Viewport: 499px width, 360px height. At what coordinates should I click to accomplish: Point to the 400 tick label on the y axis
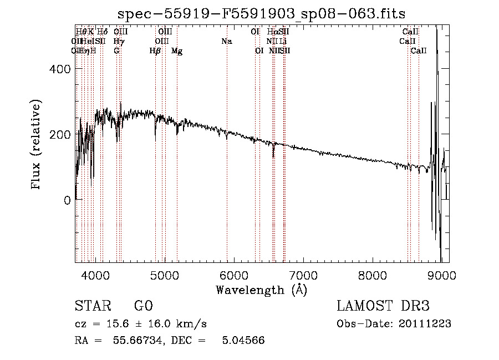point(62,69)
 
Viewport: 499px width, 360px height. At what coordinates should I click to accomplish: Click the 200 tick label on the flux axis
point(62,134)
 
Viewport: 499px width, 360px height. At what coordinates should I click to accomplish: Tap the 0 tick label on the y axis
point(68,200)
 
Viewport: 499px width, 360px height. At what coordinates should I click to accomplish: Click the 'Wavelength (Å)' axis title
point(261,289)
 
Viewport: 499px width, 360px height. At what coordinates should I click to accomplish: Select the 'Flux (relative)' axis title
point(37,145)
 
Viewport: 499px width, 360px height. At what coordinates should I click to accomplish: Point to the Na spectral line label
point(226,41)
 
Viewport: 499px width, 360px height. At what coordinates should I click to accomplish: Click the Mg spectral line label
point(177,51)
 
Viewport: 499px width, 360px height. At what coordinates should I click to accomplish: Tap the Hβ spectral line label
point(155,51)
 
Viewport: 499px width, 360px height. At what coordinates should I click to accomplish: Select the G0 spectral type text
point(143,307)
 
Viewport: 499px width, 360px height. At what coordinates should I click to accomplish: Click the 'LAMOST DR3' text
point(383,307)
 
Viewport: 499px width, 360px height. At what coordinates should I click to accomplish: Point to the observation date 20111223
point(424,324)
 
